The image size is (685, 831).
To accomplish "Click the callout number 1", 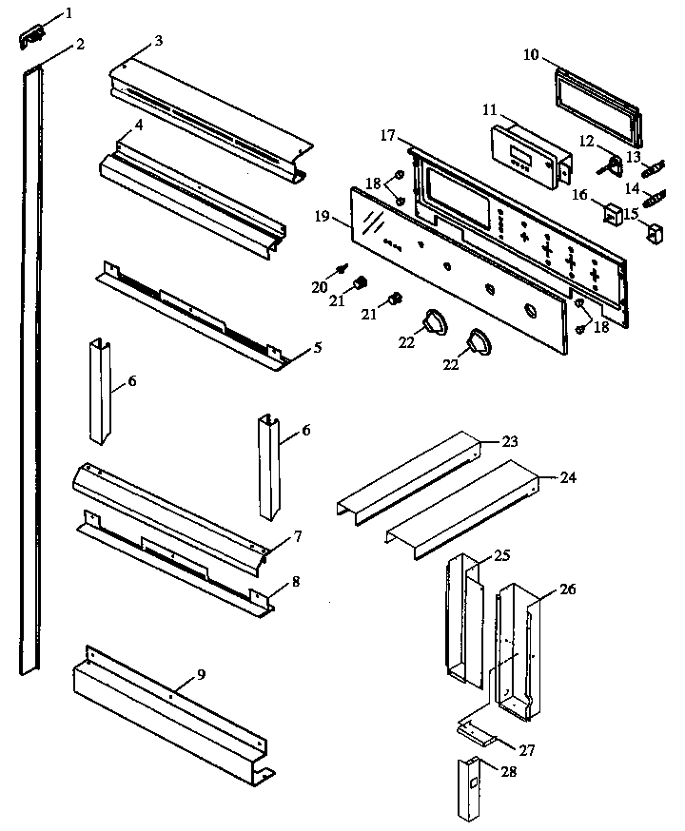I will point(68,13).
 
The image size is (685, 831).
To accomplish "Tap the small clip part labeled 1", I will point(32,37).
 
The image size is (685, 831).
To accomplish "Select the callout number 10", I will point(531,53).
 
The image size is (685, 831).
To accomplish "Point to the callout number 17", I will point(388,137).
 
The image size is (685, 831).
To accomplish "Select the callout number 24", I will point(567,477).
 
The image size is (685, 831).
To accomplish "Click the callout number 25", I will point(502,554).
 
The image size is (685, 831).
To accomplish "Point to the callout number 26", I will point(567,589).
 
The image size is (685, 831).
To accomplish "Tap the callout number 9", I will point(200,674).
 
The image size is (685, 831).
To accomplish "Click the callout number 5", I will point(317,347).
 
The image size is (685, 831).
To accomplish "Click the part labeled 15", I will point(654,231).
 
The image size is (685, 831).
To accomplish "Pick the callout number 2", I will point(80,44).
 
